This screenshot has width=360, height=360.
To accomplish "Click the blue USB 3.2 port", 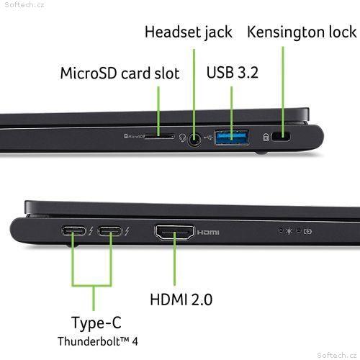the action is point(232,138).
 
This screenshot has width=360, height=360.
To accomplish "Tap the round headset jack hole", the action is point(194,140).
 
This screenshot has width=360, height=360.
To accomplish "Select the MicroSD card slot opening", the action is point(160,137).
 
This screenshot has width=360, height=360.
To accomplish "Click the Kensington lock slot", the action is point(281,137).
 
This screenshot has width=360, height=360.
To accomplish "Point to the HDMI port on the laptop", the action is point(174,233).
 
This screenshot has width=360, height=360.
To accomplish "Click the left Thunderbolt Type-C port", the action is point(73,231).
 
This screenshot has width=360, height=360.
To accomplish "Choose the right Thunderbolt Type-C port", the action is point(110,231).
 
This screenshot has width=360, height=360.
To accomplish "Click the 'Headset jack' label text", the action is point(189,32).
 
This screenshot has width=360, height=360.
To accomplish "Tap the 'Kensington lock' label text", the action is point(302,32).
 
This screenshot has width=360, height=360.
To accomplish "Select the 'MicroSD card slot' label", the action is point(120,73).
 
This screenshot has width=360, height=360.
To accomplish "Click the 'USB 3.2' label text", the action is point(233,72).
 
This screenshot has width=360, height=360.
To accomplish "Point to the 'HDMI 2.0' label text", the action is point(181,300).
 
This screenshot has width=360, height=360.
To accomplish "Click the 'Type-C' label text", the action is point(96,323).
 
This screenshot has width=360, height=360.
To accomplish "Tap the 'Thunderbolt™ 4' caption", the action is point(98,341).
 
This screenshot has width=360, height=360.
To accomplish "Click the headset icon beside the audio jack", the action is point(183,138).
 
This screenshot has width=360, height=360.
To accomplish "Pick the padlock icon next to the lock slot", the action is point(266,138).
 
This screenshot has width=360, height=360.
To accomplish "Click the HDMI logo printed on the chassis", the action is point(208,233).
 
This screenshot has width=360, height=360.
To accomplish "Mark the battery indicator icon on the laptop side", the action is point(307,231).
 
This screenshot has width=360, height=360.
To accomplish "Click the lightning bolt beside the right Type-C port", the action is point(127,231).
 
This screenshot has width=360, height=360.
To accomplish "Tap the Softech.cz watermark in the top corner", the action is point(24,4).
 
